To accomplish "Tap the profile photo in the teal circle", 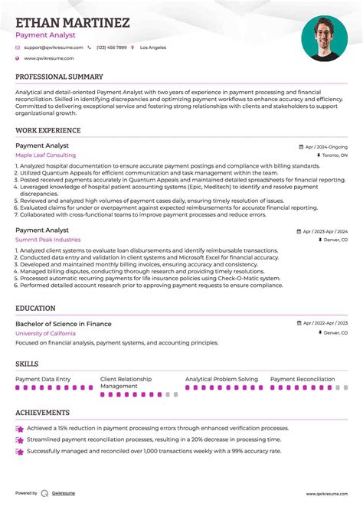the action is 324,38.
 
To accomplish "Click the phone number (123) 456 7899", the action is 111,47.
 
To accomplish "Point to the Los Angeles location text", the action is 152,47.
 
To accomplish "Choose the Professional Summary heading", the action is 59,77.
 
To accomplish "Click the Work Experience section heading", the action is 47,131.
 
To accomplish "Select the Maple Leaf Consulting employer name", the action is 45,155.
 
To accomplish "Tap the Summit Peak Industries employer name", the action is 47,240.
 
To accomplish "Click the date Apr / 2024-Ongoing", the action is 326,146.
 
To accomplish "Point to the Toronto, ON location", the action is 334,155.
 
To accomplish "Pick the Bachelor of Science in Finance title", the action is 64,324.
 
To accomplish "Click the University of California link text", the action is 45,333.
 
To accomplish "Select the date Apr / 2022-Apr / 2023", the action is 324,324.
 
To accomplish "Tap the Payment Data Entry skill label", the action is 43,379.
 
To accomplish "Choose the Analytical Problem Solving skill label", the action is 221,379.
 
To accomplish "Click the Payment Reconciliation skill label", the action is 302,379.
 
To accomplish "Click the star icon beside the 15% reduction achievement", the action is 19,430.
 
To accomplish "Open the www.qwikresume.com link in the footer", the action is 327,494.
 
